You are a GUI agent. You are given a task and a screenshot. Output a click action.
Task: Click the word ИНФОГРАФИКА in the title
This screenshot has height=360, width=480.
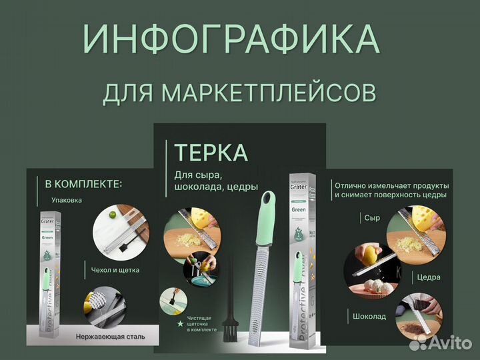click(x=231, y=39)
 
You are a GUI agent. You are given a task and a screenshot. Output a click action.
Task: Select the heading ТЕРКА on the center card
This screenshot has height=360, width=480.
click(x=211, y=153)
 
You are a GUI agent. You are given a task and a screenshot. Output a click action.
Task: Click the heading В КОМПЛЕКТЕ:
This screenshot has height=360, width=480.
click(x=84, y=183)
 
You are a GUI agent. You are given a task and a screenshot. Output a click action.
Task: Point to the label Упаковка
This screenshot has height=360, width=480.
click(x=67, y=199)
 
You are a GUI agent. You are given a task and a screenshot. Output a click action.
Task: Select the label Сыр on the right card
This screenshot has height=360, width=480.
click(x=372, y=218)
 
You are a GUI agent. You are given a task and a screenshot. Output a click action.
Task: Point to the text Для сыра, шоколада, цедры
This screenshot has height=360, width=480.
click(x=215, y=181)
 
